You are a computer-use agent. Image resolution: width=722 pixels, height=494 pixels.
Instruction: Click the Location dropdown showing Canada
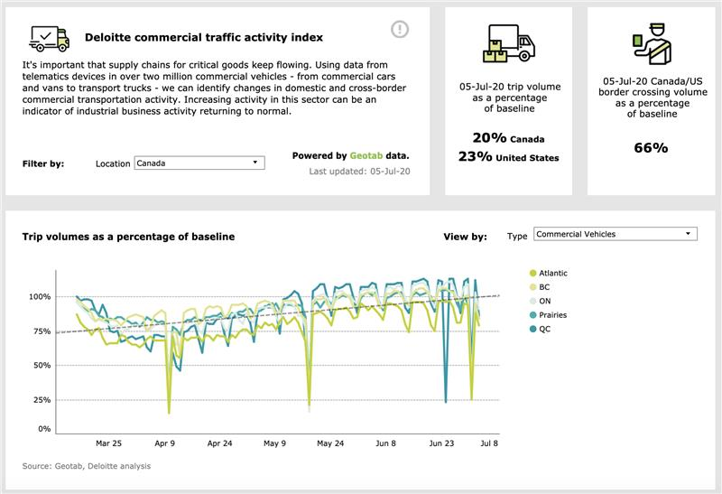pos(199,163)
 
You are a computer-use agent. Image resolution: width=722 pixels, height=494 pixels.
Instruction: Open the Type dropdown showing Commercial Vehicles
pos(615,234)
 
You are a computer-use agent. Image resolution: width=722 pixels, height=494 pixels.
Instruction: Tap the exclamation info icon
pos(400,30)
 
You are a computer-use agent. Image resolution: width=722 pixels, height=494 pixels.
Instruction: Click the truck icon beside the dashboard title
pos(49,37)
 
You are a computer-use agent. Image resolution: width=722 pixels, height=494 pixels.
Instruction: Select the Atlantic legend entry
pos(550,273)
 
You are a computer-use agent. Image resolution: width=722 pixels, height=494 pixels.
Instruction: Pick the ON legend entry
pos(544,301)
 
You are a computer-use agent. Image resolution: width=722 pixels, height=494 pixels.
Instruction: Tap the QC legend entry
pos(544,329)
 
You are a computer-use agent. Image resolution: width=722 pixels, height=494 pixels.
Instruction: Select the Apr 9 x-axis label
pos(164,443)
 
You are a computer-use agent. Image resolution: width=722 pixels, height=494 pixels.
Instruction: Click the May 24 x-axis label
pos(331,443)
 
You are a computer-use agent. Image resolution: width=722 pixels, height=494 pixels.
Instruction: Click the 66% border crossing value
pos(650,147)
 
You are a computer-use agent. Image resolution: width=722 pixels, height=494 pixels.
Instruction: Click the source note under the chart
pos(87,466)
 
